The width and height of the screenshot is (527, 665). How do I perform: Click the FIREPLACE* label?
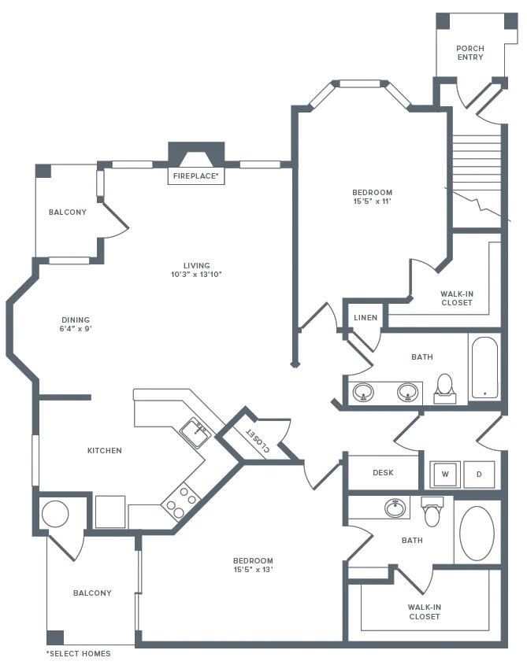pyautogui.click(x=196, y=176)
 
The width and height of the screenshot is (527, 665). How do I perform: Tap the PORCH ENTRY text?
pyautogui.click(x=470, y=54)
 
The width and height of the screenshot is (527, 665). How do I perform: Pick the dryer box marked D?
pyautogui.click(x=479, y=474)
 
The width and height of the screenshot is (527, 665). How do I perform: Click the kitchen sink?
pyautogui.click(x=195, y=430)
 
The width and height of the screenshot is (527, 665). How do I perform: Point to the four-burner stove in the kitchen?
pyautogui.click(x=180, y=501)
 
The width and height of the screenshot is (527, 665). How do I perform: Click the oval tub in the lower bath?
pyautogui.click(x=477, y=533)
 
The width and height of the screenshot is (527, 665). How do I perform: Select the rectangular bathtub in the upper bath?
pyautogui.click(x=484, y=368)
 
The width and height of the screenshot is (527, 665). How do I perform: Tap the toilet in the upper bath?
pyautogui.click(x=445, y=388)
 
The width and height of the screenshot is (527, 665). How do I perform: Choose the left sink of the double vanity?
pyautogui.click(x=364, y=391)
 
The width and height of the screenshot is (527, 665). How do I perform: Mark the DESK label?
pyautogui.click(x=383, y=473)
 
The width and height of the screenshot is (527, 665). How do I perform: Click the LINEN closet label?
pyautogui.click(x=366, y=318)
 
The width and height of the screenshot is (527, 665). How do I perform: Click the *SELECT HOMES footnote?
pyautogui.click(x=78, y=654)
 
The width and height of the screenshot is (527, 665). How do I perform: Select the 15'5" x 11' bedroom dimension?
pyautogui.click(x=372, y=201)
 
